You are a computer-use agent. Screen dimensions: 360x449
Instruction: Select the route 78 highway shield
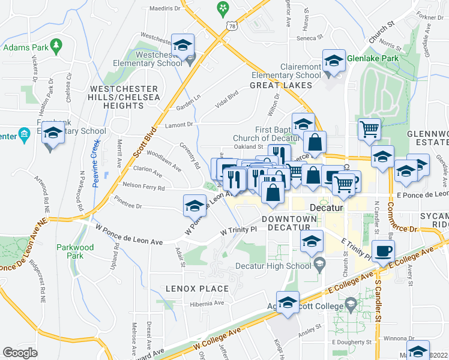231,26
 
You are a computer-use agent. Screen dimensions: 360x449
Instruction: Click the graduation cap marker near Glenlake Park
334,61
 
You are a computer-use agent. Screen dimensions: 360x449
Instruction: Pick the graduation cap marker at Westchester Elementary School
183,46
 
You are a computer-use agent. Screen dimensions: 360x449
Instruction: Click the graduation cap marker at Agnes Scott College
288,303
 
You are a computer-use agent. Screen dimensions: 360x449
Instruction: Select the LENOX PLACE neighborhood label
202,289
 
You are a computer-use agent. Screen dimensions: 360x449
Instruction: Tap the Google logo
20,352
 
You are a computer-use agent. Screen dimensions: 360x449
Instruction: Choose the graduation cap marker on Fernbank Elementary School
53,134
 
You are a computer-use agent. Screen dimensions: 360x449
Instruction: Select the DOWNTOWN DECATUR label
289,223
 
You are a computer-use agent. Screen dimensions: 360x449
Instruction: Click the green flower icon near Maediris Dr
223,8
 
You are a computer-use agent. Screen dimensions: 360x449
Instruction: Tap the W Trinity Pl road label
238,230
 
